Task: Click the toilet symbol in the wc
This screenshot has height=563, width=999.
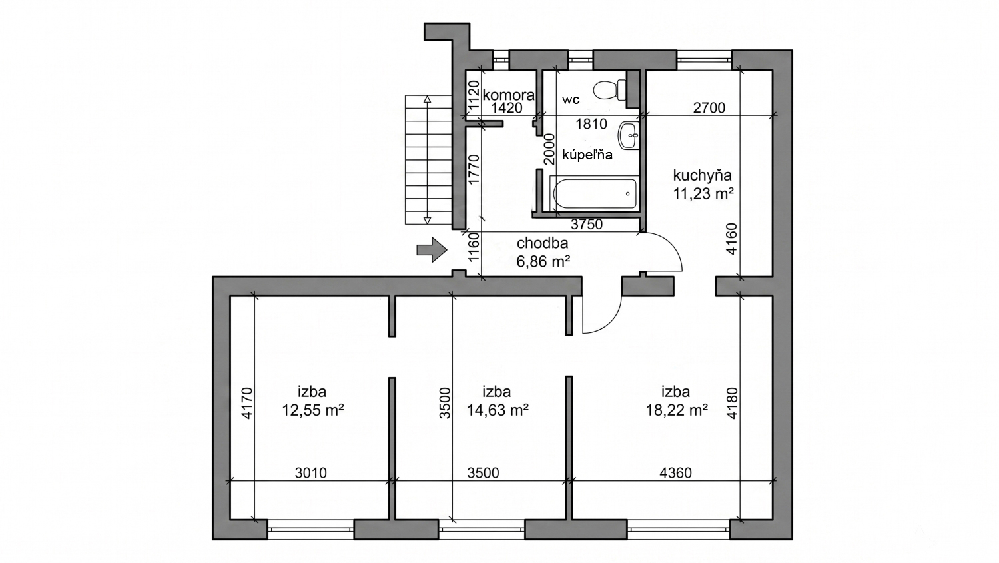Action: [x=609, y=90]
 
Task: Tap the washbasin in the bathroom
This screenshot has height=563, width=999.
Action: [x=629, y=136]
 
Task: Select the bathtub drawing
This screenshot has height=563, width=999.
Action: [x=595, y=193]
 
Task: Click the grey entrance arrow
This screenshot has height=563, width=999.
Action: [x=432, y=249]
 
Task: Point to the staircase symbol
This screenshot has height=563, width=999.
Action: [x=428, y=159]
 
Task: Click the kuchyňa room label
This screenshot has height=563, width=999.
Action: [x=703, y=175]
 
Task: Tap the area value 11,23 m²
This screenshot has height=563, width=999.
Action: [x=703, y=194]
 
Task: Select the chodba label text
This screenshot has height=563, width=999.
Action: [x=542, y=243]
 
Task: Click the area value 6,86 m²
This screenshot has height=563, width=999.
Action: [x=543, y=261]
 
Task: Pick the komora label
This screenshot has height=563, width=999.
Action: [x=508, y=95]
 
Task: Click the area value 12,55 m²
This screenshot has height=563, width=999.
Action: [x=312, y=410]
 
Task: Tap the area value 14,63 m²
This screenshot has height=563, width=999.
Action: [x=498, y=410]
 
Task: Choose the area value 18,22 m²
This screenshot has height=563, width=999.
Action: [x=677, y=410]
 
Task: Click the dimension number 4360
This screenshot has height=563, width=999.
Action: [x=676, y=473]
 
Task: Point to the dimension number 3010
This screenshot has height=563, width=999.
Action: [x=311, y=473]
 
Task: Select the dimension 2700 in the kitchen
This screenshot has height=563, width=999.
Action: [x=709, y=107]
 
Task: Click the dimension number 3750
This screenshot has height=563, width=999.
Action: [x=587, y=224]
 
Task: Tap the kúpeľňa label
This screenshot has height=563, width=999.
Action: [x=587, y=155]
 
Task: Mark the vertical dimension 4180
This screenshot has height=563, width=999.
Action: [x=732, y=403]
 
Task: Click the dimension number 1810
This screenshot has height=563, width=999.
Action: [x=591, y=123]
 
